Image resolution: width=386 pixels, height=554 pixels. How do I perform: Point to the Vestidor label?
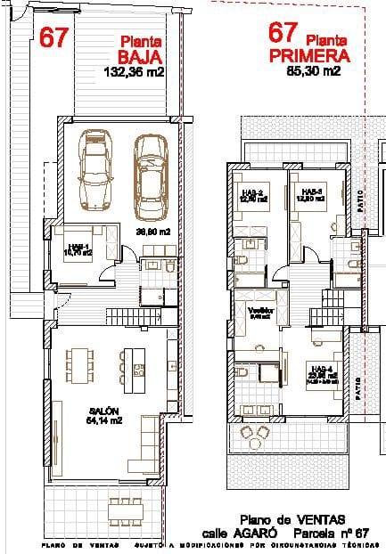tap(259, 308)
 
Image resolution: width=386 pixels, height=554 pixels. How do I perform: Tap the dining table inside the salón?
tap(78, 363)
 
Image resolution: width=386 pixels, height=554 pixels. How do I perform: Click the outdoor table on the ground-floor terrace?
tap(122, 511)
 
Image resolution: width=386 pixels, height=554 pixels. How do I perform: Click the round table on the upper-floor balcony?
tap(260, 436)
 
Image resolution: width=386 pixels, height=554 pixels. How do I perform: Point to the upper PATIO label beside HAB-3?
tap(360, 198)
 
